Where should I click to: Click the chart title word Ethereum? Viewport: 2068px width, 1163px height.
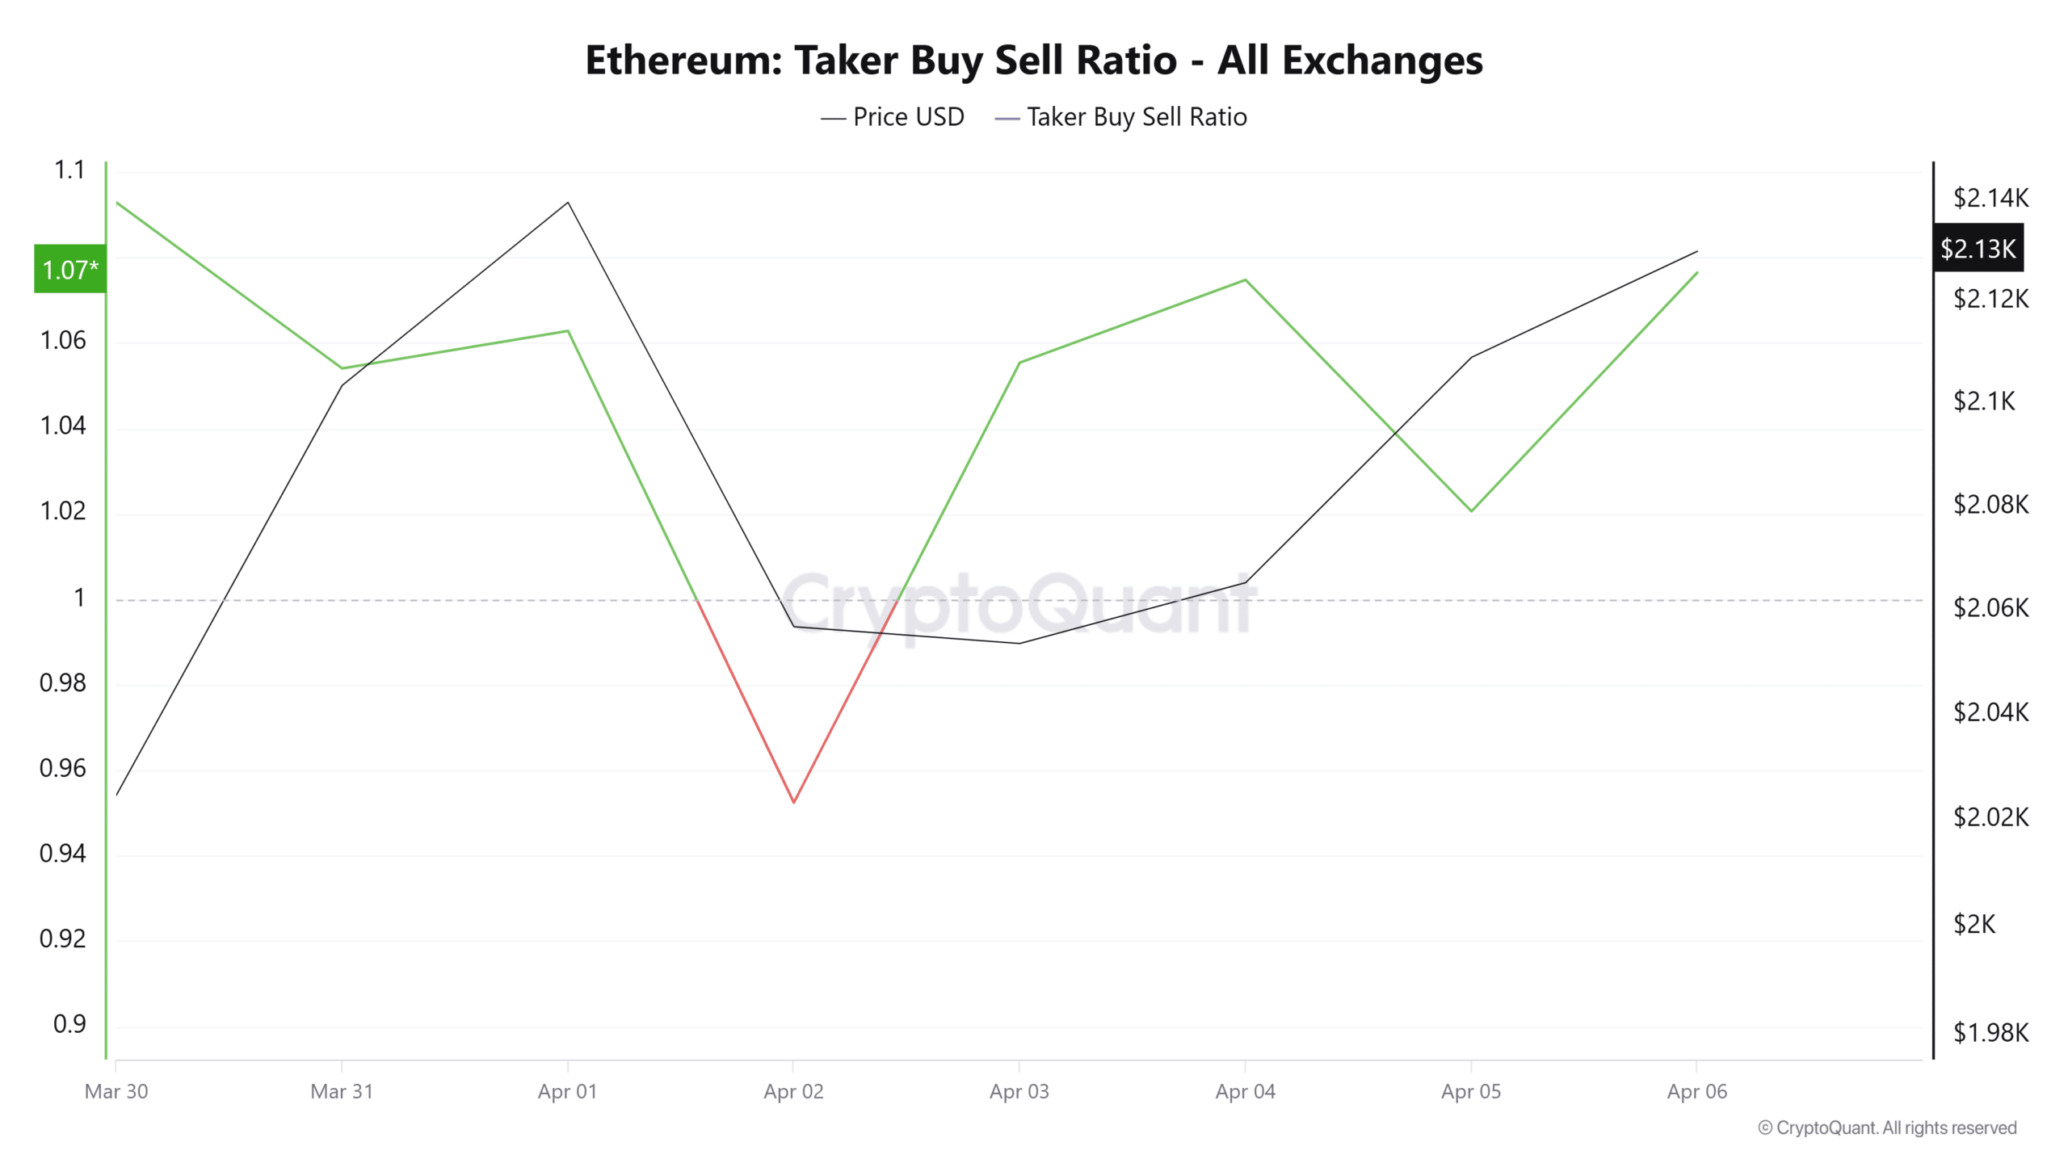click(x=683, y=61)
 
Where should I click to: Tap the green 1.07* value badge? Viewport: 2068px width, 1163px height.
click(x=70, y=269)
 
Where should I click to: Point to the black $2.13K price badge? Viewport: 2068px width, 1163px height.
click(x=1978, y=248)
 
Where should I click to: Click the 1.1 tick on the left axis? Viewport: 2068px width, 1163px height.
click(x=69, y=170)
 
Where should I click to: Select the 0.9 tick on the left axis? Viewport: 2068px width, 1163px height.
click(x=69, y=1024)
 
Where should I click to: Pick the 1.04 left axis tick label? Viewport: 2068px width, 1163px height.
click(x=63, y=426)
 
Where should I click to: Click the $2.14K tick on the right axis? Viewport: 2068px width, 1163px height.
click(x=1990, y=198)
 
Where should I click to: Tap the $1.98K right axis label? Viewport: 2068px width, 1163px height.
click(x=1990, y=1032)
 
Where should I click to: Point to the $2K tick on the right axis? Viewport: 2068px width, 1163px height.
click(x=1973, y=924)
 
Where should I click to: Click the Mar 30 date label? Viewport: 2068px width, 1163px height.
click(x=116, y=1092)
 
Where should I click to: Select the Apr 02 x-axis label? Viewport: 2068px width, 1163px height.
click(x=793, y=1092)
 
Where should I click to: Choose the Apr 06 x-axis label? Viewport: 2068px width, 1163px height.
click(x=1696, y=1092)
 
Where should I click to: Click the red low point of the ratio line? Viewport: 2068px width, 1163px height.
click(x=794, y=802)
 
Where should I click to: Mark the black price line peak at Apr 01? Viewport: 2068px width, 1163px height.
click(x=568, y=202)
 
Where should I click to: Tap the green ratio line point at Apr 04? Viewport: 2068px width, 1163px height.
click(x=1245, y=279)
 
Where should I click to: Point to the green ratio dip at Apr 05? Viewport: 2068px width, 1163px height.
click(x=1471, y=510)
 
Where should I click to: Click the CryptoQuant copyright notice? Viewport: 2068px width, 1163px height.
click(x=1887, y=1127)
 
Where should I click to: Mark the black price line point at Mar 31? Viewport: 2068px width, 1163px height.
click(x=343, y=385)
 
